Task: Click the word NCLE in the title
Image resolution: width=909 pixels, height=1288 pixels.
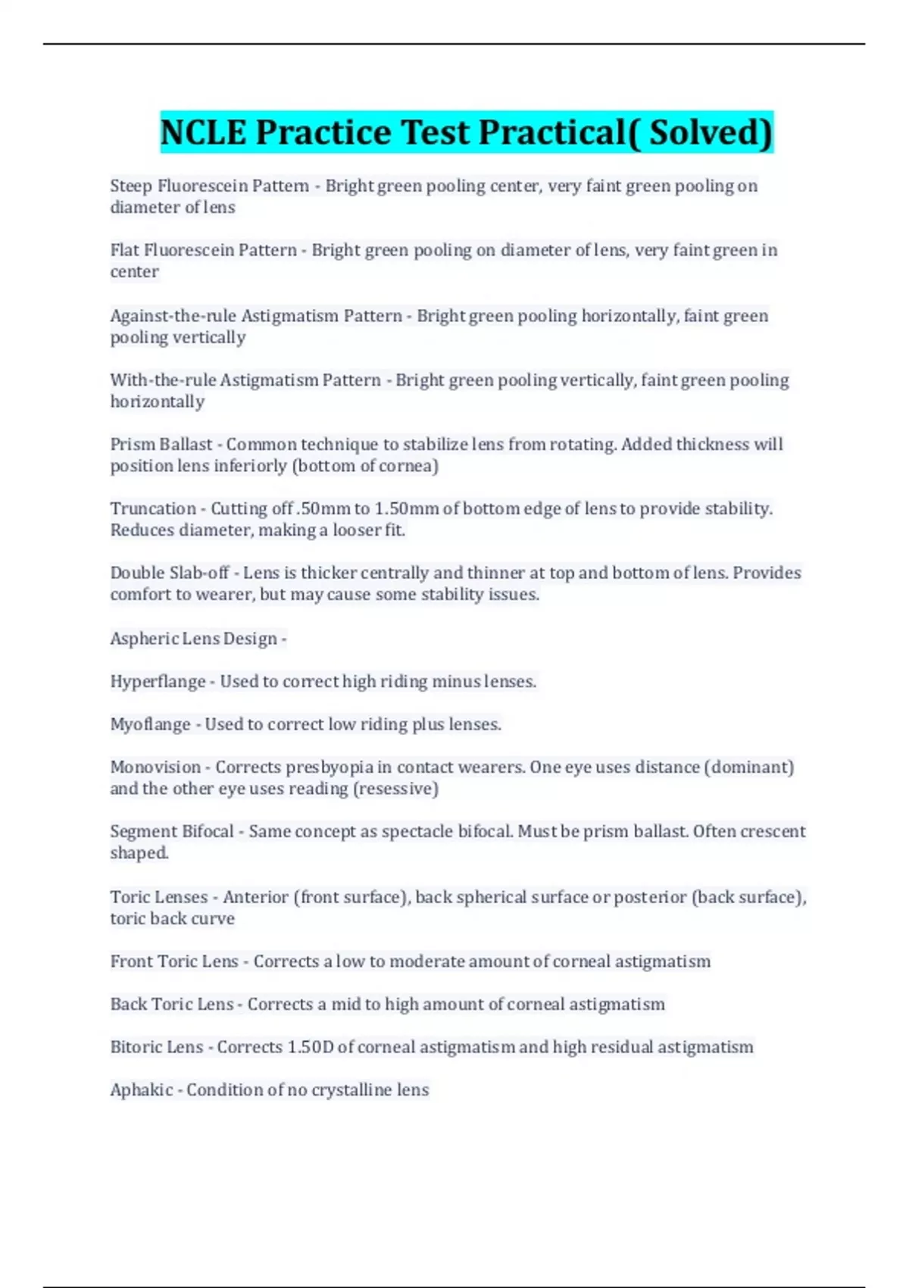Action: tap(203, 132)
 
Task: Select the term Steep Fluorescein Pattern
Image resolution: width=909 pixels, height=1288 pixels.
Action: tap(209, 186)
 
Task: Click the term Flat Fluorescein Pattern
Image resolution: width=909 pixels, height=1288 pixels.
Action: tap(203, 250)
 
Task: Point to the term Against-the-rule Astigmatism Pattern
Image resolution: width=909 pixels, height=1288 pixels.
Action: tap(256, 315)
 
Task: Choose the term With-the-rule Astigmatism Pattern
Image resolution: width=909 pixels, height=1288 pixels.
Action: tap(245, 380)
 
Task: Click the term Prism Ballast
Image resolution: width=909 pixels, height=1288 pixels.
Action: tap(161, 444)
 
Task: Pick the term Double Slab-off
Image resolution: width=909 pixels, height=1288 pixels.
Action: tap(169, 573)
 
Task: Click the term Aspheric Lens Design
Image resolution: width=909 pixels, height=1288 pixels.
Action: tap(193, 639)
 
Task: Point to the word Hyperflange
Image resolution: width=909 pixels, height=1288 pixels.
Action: tap(158, 681)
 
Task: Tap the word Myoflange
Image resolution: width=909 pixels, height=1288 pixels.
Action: tap(150, 724)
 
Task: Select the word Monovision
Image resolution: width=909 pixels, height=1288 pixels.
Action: tap(155, 767)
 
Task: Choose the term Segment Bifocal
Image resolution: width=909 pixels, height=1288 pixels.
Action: tap(172, 831)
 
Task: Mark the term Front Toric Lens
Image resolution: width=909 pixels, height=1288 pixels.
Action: tap(174, 961)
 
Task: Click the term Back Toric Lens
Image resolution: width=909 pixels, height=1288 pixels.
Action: tap(172, 1004)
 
